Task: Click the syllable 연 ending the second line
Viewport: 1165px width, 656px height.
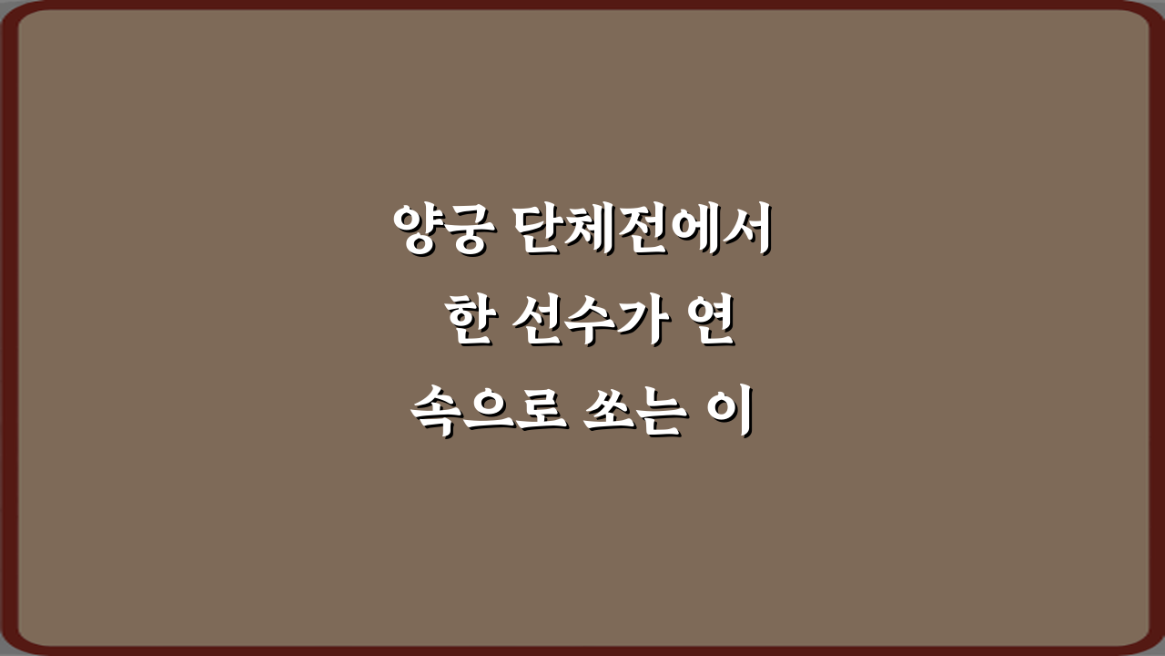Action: coord(709,324)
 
